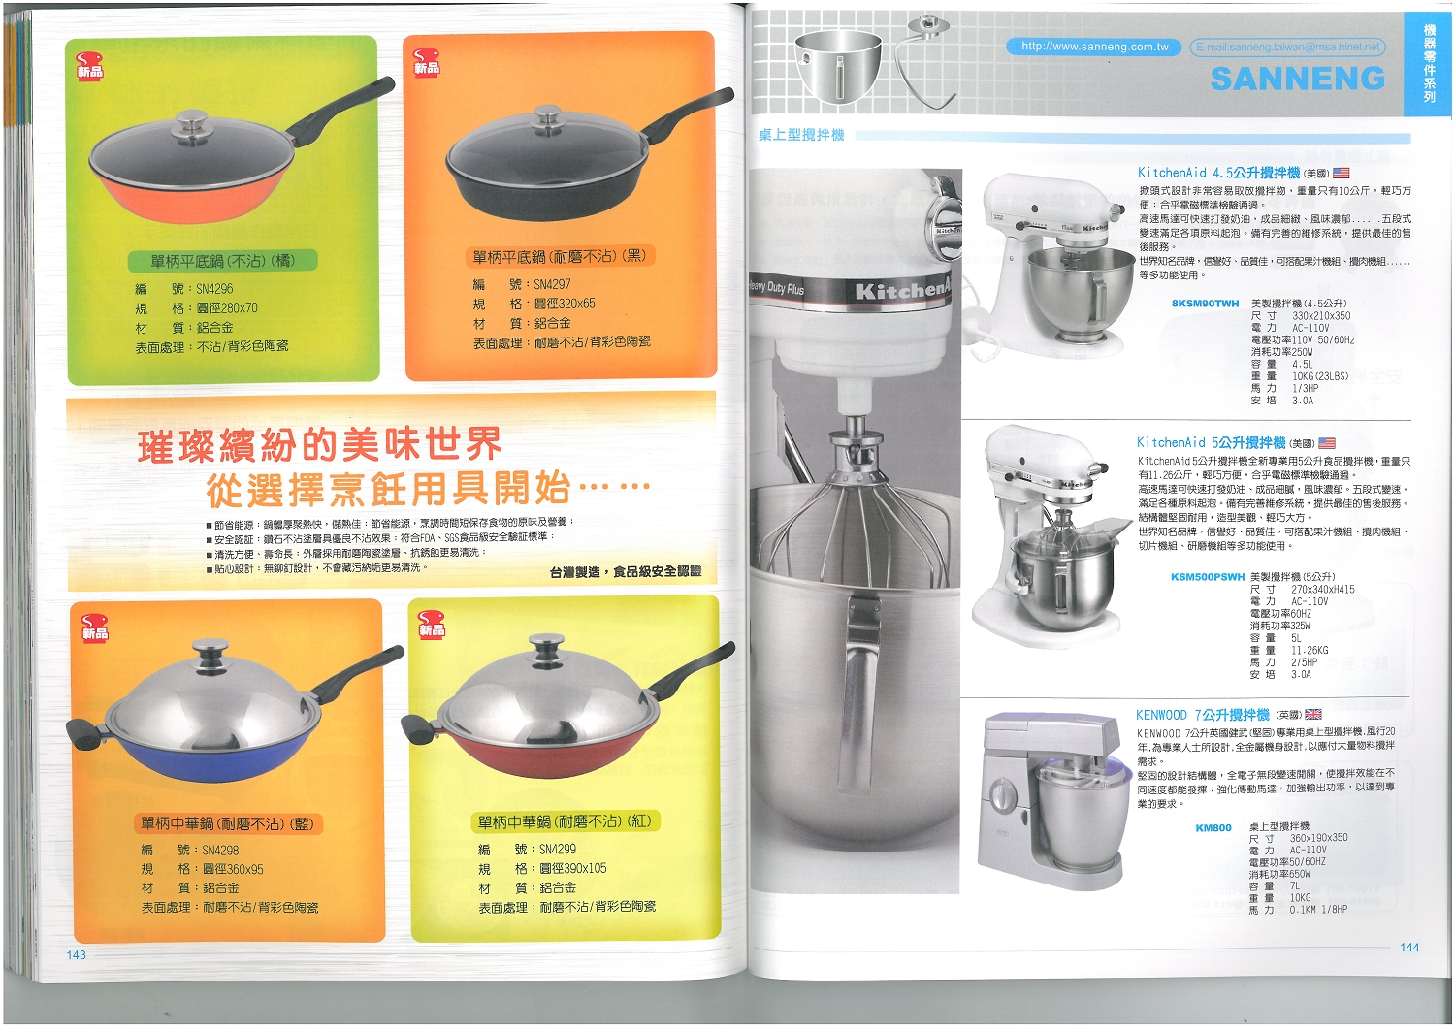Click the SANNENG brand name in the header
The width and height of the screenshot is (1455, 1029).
click(1297, 79)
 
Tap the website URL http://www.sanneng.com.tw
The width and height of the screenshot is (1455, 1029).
click(1094, 47)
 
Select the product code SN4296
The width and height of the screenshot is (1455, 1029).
click(214, 289)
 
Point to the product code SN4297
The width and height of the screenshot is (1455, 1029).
click(552, 284)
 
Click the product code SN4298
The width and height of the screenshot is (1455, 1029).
click(220, 850)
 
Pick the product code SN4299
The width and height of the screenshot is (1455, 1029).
click(558, 849)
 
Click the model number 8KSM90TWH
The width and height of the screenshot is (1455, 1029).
click(1205, 304)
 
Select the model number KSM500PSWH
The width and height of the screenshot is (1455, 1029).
click(1207, 577)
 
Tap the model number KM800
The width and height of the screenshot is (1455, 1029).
click(1213, 828)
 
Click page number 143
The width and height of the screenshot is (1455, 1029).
click(77, 955)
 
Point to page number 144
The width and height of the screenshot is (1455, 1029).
click(1409, 948)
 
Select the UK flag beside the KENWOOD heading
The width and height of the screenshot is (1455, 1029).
click(1313, 715)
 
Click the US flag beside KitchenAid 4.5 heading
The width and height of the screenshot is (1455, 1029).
click(1341, 173)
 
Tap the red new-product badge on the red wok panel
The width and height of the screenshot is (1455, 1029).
click(430, 624)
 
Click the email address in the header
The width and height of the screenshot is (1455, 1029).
click(1287, 47)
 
